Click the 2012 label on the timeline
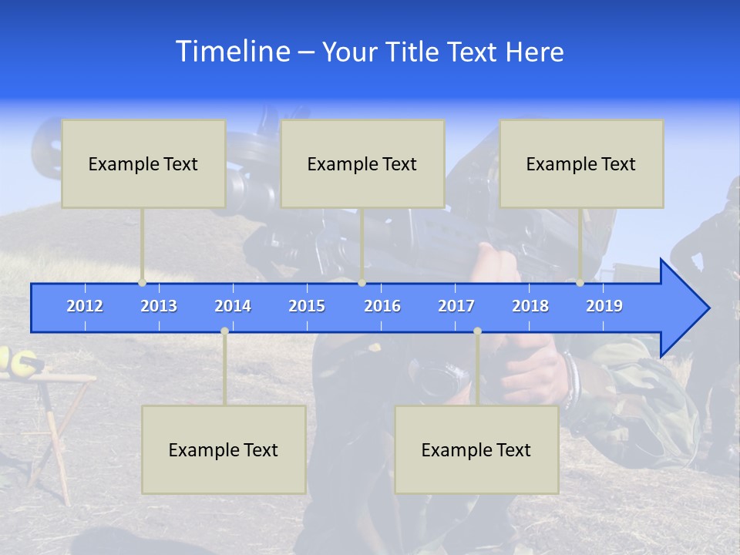point(85,306)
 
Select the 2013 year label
point(159,306)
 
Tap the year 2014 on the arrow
point(233,306)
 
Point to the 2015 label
point(307,306)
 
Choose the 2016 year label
point(382,306)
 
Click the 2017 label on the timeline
point(456,306)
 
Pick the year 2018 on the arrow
point(530,306)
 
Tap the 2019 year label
point(604,306)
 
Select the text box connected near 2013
point(143,163)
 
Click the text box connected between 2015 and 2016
point(362,163)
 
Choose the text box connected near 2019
point(581,163)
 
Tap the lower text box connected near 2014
point(224,449)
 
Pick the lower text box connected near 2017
point(476,449)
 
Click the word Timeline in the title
point(232,52)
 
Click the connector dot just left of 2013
point(142,283)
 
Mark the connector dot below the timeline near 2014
point(224,331)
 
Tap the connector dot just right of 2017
point(477,331)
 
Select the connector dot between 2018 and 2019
point(580,283)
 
